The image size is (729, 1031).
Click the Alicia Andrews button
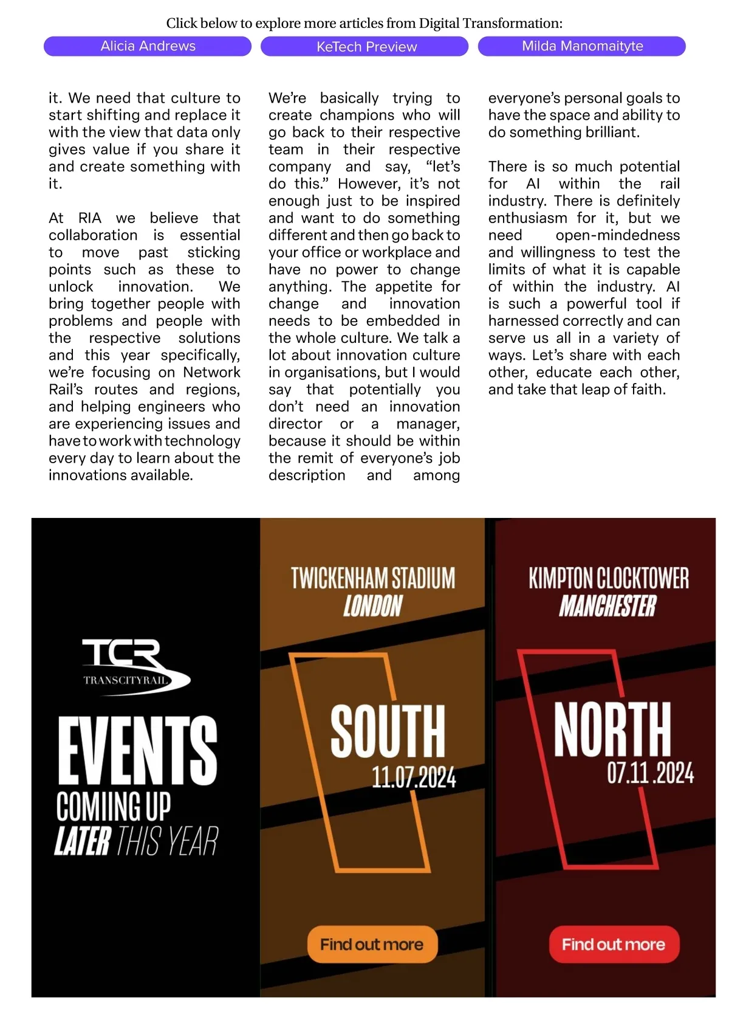point(148,46)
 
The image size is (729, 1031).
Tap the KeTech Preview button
point(364,47)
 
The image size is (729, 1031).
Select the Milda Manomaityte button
point(582,46)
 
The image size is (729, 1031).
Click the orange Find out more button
point(372,944)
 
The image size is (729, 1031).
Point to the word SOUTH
point(388,731)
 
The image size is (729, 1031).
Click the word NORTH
point(612,729)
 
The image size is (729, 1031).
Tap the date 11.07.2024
point(414,778)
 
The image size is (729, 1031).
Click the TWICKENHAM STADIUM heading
point(372,578)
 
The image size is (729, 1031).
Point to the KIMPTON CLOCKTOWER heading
point(609,578)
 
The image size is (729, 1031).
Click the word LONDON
point(372,606)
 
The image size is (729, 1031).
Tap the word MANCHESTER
point(607,606)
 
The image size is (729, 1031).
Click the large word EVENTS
point(138,750)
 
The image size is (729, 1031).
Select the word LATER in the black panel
point(83,841)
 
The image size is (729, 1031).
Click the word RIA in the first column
point(90,218)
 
